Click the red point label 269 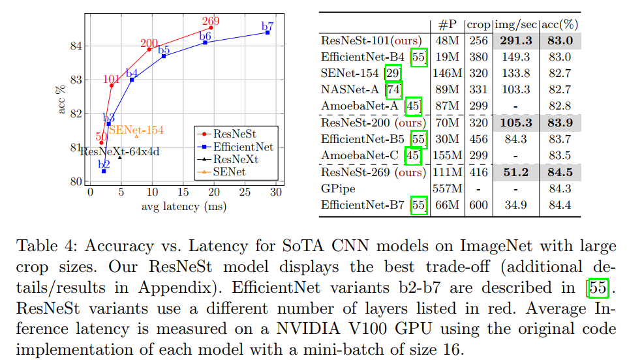[211, 21]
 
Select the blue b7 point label [268, 26]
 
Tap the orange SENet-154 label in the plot [136, 130]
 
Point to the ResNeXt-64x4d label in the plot [119, 151]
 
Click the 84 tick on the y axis [77, 46]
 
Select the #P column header [447, 25]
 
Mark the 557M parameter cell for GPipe [447, 189]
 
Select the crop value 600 [478, 205]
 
